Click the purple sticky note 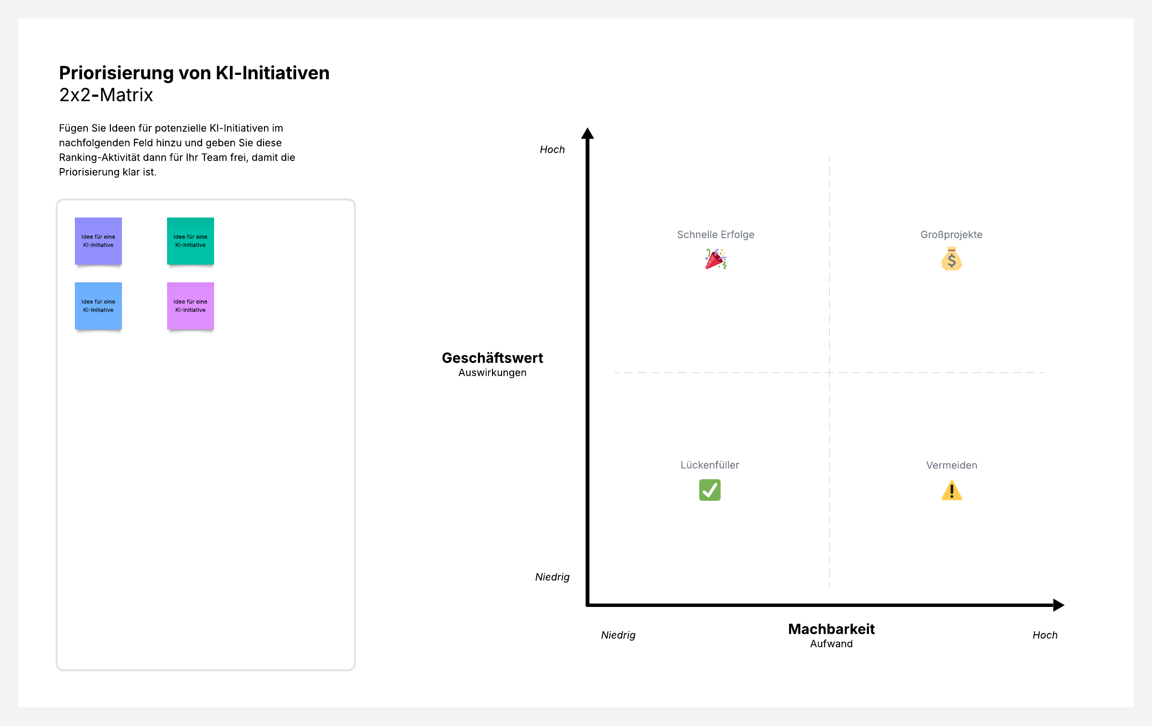98,241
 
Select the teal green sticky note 191,241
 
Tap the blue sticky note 98,306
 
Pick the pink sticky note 191,306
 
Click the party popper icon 716,259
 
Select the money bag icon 951,259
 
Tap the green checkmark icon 710,490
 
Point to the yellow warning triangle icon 952,491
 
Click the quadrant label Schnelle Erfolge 716,235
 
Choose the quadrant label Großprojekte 951,235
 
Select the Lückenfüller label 710,465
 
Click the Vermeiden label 952,465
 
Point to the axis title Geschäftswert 492,358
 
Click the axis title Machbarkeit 831,629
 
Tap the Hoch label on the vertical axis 552,150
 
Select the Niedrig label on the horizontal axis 618,635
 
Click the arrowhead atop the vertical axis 588,133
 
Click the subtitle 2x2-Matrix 106,95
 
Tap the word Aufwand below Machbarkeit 831,644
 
